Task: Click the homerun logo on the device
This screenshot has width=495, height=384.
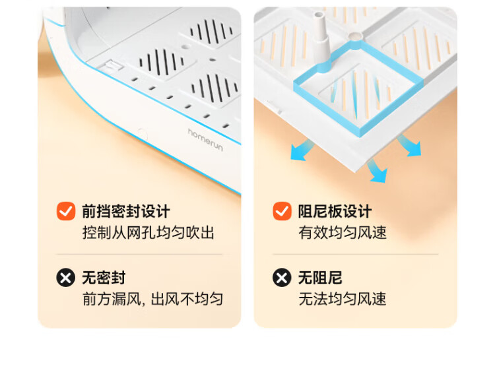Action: [205, 140]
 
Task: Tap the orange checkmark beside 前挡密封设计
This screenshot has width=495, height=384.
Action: [66, 211]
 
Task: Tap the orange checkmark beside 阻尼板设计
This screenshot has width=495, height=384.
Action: [282, 211]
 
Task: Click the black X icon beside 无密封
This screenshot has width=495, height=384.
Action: [65, 278]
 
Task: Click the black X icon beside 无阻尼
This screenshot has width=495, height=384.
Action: [282, 278]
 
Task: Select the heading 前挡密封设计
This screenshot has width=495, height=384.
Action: [126, 211]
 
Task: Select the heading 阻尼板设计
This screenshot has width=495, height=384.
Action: [335, 211]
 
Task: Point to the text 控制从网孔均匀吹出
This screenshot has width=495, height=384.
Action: [148, 233]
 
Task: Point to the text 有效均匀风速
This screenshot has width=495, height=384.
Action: [343, 233]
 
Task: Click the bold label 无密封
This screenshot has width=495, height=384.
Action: [104, 278]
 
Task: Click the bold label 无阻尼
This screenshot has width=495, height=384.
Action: [320, 278]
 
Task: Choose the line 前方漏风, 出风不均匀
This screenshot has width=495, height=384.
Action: [153, 299]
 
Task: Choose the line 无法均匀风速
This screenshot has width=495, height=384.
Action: [343, 299]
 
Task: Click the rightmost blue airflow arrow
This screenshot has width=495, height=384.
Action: [411, 146]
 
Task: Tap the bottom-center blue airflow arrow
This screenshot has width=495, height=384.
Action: [378, 171]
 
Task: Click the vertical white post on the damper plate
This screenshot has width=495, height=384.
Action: [320, 38]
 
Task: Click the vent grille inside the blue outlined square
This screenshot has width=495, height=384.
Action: [356, 92]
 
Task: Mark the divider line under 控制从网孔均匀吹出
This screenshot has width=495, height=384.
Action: [139, 254]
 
